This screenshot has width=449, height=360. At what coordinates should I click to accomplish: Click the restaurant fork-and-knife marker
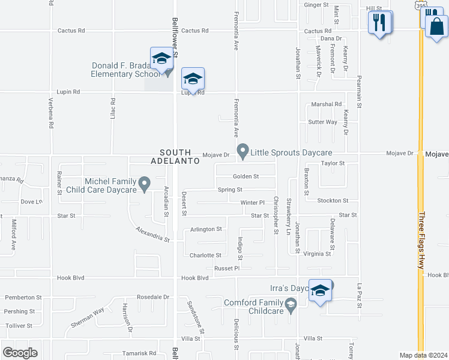pos(380,23)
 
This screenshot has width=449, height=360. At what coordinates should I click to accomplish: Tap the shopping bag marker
pos(436,26)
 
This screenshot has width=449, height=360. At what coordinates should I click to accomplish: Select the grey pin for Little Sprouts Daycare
pos(243,151)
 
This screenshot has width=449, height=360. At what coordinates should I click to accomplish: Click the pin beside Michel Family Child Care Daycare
pos(144,184)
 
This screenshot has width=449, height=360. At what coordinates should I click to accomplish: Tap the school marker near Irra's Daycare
pos(321,291)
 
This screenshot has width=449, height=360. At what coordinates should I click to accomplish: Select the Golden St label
pos(246,176)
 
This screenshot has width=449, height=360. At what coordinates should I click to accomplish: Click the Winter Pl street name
pos(252,203)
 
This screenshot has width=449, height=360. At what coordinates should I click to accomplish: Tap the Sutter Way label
pos(322,122)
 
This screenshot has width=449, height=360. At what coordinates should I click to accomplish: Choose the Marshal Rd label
pos(326,104)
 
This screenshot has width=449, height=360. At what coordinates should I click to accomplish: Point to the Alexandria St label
pos(152,234)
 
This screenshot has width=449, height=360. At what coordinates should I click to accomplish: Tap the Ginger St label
pos(316,5)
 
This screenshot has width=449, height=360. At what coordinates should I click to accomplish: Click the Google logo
pos(20,352)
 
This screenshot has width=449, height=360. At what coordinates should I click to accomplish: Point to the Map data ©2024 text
pos(423,355)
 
